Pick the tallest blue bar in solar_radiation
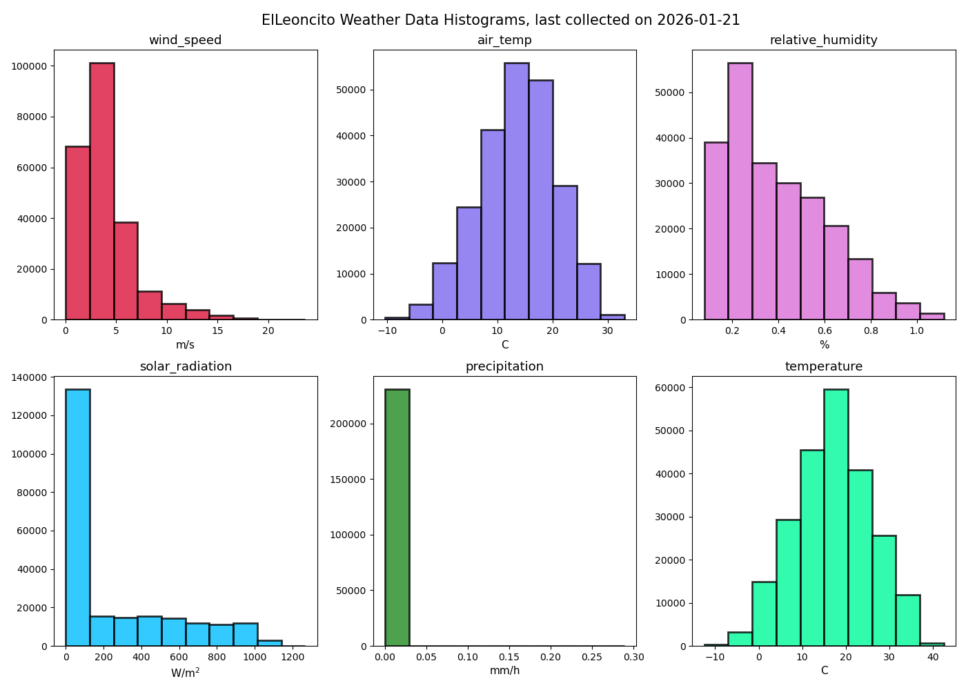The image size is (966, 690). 77,517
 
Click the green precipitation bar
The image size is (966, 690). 397,517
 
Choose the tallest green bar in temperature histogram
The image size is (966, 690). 836,517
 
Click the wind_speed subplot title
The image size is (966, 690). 185,40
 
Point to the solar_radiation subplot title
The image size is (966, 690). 186,366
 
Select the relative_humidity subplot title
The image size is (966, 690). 823,40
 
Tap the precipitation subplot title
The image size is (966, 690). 504,366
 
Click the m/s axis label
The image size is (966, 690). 185,344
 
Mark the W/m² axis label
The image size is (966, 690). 185,672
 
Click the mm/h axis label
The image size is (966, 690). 504,671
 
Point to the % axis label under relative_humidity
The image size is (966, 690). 824,344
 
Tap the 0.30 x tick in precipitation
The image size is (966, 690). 633,657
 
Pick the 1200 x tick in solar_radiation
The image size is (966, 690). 293,657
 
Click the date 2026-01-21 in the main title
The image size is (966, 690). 698,20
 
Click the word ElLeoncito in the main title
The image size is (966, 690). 297,20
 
